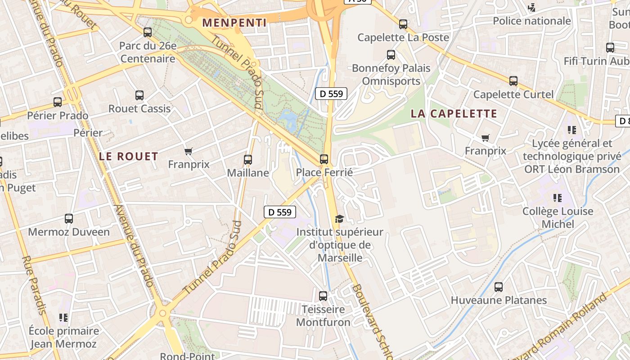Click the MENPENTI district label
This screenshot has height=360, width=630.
[234, 22]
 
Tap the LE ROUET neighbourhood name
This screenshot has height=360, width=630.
[129, 157]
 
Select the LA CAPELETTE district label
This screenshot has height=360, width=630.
[454, 114]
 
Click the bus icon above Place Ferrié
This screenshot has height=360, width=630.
[324, 159]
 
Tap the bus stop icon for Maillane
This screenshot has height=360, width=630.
[247, 159]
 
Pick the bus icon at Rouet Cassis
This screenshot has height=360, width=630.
[139, 95]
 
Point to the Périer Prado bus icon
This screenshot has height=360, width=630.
[58, 102]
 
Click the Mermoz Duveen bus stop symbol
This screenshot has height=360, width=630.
[69, 219]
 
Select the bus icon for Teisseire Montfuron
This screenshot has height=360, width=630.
[323, 296]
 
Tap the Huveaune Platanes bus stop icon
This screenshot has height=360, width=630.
[498, 287]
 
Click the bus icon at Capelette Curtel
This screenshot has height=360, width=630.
[513, 81]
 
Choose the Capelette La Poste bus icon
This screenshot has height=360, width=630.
[403, 24]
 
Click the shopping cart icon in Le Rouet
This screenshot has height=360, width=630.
[189, 151]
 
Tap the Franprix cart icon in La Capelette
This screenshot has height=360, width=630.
[485, 138]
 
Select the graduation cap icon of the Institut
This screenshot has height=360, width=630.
[339, 219]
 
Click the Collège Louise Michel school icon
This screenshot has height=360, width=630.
[558, 198]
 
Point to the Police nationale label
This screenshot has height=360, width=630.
[532, 21]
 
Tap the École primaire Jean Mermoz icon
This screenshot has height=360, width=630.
[63, 318]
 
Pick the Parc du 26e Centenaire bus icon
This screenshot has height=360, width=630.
[148, 32]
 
